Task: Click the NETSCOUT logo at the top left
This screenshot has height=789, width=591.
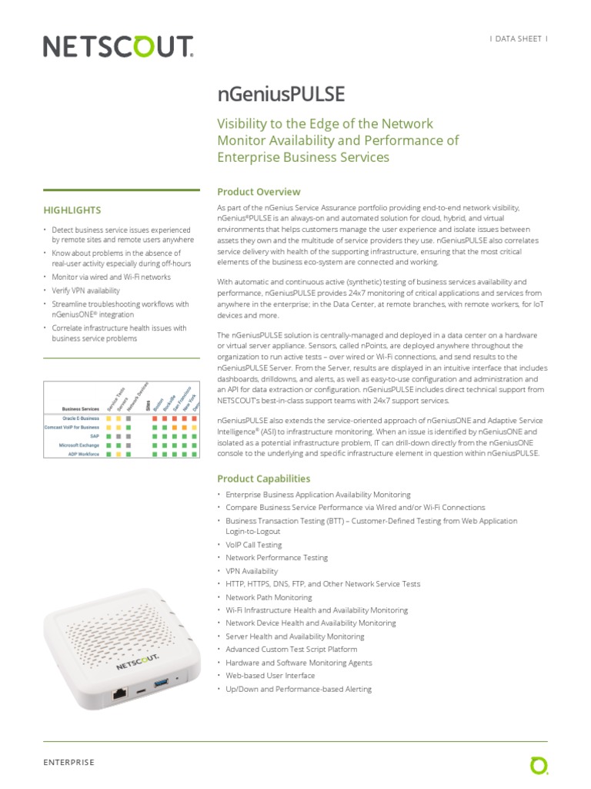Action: tap(118, 47)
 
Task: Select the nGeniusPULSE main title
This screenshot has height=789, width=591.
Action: tap(281, 94)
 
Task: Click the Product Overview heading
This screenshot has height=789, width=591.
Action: tap(259, 192)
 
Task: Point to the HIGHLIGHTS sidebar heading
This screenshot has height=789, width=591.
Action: tap(72, 210)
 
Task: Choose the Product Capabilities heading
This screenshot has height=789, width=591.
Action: tap(264, 478)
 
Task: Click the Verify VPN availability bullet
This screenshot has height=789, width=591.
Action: tap(86, 290)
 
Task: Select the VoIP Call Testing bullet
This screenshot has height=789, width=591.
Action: tap(253, 545)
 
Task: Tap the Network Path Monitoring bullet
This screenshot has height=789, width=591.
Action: tap(269, 597)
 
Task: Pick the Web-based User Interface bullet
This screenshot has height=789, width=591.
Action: tap(270, 676)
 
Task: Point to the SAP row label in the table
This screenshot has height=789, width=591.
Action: tap(95, 436)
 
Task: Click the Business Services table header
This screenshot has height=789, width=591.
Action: tap(81, 409)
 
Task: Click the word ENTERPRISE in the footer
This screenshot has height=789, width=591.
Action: tap(68, 762)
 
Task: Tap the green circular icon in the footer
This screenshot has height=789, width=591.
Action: tap(539, 765)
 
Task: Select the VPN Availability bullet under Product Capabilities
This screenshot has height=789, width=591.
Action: tap(252, 571)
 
